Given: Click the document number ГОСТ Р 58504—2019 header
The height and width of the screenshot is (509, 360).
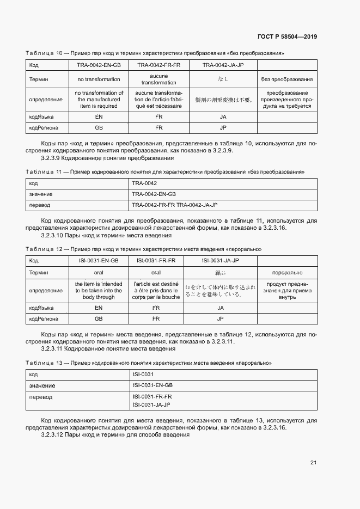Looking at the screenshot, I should point(287,36).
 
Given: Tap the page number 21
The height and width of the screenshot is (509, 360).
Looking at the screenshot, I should point(313,463).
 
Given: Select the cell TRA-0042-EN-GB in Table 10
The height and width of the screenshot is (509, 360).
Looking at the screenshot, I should point(99,65).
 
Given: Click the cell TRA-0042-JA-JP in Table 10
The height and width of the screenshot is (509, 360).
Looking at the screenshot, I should point(223,65).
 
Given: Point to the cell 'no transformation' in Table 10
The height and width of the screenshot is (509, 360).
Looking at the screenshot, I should point(99,79).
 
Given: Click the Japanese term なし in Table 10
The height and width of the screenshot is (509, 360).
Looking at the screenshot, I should point(223,79).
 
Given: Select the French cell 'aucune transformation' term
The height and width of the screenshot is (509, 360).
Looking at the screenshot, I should point(158,79).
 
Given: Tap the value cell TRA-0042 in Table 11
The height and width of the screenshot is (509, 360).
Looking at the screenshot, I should point(144,183).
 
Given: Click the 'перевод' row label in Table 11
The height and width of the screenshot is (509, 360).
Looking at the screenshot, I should point(40,205).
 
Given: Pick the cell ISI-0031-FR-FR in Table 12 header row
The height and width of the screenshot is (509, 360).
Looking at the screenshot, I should point(156,261).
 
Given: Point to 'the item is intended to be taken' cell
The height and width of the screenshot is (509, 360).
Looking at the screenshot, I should point(99,290).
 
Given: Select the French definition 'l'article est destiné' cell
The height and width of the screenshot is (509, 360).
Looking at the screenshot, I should point(156,290).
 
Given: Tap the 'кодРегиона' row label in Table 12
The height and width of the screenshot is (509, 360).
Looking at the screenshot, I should point(44,319).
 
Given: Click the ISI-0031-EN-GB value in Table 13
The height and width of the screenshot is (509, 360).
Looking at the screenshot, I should point(152,385).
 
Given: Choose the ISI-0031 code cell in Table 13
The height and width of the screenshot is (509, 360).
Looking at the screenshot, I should point(143,375).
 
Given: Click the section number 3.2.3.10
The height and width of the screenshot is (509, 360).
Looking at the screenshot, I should point(53,236).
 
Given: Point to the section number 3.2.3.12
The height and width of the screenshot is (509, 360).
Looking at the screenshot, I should point(53,435).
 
